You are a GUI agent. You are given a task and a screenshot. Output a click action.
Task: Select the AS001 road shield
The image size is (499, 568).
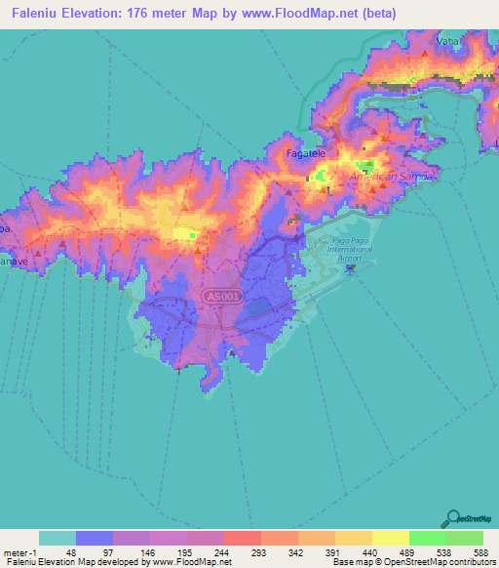coord(219,294)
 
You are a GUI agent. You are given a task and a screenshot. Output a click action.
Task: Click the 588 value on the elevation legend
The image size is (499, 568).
coord(482,550)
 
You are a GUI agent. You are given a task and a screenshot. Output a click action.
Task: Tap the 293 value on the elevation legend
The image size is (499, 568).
coord(260,550)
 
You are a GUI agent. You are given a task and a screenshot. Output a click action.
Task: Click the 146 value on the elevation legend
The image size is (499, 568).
coord(149,550)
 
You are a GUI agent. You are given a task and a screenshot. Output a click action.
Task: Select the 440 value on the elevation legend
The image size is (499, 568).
coord(371,550)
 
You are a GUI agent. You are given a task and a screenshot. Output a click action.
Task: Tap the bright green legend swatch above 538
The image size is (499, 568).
coord(427,538)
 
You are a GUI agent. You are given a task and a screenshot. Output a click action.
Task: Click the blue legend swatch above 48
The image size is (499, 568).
coord(95,538)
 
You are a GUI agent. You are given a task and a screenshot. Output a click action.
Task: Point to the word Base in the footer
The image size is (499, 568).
coord(341,562)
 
